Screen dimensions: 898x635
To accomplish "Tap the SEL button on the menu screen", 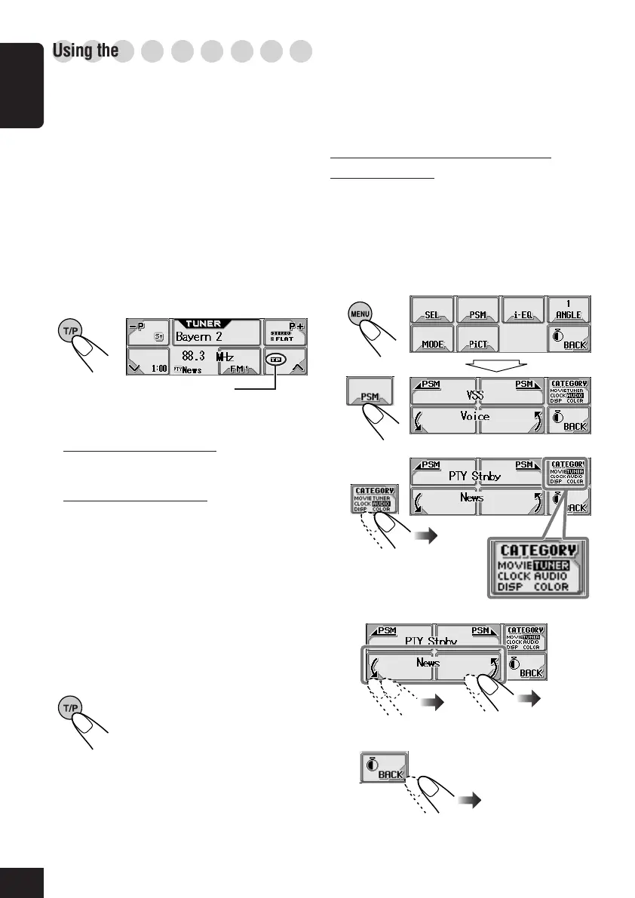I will point(431,314).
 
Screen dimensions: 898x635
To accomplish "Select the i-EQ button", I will point(523,314).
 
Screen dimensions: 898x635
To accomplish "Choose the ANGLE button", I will point(568,309).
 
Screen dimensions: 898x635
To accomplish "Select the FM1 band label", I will point(239,369).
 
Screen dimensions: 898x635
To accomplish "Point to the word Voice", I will point(475,416).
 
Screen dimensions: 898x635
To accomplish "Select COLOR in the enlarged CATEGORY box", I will point(552,587).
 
